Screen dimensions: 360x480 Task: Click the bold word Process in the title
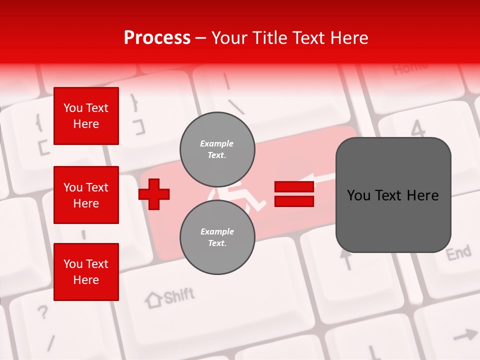pos(157,38)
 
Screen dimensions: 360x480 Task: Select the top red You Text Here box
pos(86,116)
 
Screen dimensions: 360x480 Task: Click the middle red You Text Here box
pos(86,195)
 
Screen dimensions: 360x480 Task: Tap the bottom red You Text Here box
pos(86,272)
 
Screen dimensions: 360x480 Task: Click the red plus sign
pos(154,194)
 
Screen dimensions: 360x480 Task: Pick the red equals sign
pos(294,194)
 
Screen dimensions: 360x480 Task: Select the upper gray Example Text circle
pos(217,149)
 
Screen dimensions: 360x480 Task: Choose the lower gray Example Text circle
pos(217,237)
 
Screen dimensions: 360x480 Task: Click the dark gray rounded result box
pos(393,195)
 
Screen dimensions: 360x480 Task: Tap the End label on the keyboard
pos(458,253)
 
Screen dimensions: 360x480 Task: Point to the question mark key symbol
pos(43,313)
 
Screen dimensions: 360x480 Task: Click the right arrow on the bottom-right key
pos(465,335)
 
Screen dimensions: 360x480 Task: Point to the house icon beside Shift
pos(153,300)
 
